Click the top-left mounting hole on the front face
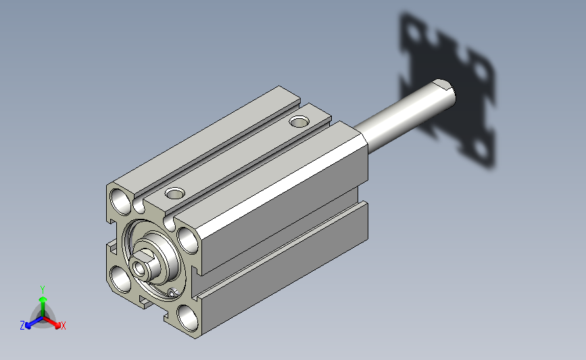[120, 201]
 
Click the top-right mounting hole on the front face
[188, 240]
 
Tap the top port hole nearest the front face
[175, 193]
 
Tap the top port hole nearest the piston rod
[299, 122]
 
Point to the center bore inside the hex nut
[140, 267]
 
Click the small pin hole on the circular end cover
[172, 292]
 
